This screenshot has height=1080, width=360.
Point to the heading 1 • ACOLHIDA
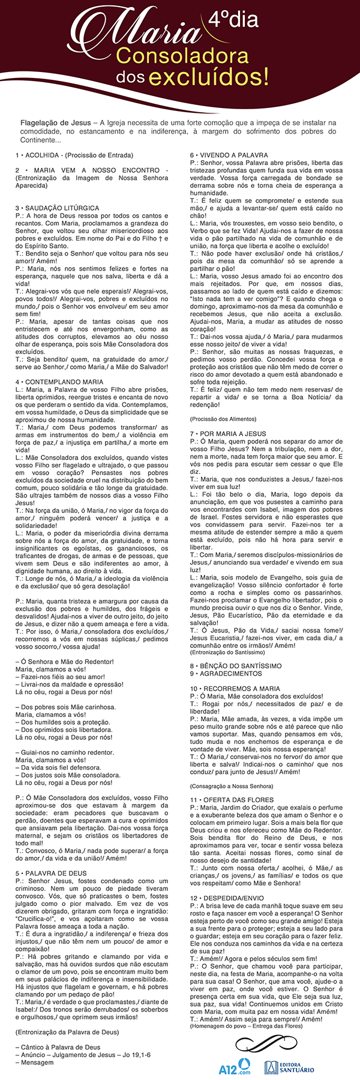(x=74, y=155)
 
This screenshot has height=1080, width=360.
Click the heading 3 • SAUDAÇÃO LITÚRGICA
(x=58, y=208)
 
